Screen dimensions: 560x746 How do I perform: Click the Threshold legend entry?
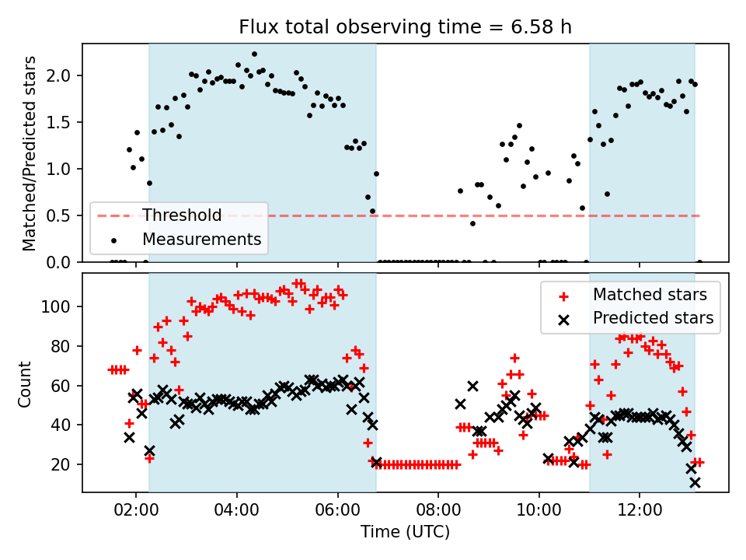click(x=182, y=215)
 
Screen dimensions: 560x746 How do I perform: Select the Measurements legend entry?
click(x=201, y=240)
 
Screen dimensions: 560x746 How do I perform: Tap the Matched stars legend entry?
click(x=650, y=295)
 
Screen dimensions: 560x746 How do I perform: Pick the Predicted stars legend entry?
click(x=653, y=318)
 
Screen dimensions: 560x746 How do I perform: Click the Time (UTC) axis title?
click(x=405, y=533)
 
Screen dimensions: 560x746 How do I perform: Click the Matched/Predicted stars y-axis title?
click(x=30, y=153)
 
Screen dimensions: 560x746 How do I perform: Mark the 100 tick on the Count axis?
click(x=61, y=306)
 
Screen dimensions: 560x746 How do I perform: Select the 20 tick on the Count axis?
click(x=65, y=464)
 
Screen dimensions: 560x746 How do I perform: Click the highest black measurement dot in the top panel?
click(x=254, y=54)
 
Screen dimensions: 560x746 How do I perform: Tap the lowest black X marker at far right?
click(x=695, y=482)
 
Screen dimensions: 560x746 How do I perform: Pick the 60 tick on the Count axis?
click(x=65, y=386)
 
